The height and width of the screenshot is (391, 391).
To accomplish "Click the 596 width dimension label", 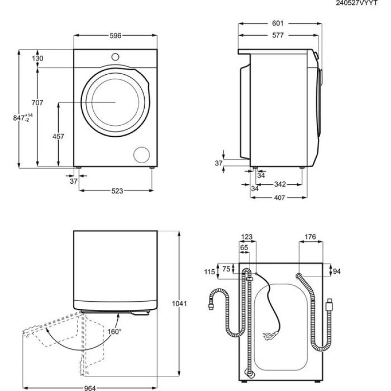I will tap(115, 36).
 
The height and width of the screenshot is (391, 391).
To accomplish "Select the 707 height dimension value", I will tap(38, 103).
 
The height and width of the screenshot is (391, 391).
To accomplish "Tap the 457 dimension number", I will tap(58, 137).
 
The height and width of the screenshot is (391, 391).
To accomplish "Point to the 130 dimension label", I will tap(38, 59).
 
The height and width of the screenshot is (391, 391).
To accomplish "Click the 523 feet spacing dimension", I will tap(116, 191).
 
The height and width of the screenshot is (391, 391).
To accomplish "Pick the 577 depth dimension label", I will tap(279, 35).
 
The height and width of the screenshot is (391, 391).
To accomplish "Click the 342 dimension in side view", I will tap(280, 184).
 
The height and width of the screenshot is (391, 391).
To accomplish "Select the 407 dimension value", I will tap(280, 198).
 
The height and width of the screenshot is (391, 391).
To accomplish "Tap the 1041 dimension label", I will tap(180, 304).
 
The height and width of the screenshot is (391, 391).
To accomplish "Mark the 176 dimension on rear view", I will tap(310, 237).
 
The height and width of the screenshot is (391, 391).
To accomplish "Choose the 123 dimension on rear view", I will tap(247, 237).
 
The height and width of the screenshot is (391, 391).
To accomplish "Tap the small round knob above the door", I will tap(115, 56).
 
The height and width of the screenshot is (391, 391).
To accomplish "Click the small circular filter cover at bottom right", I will tap(143, 154).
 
